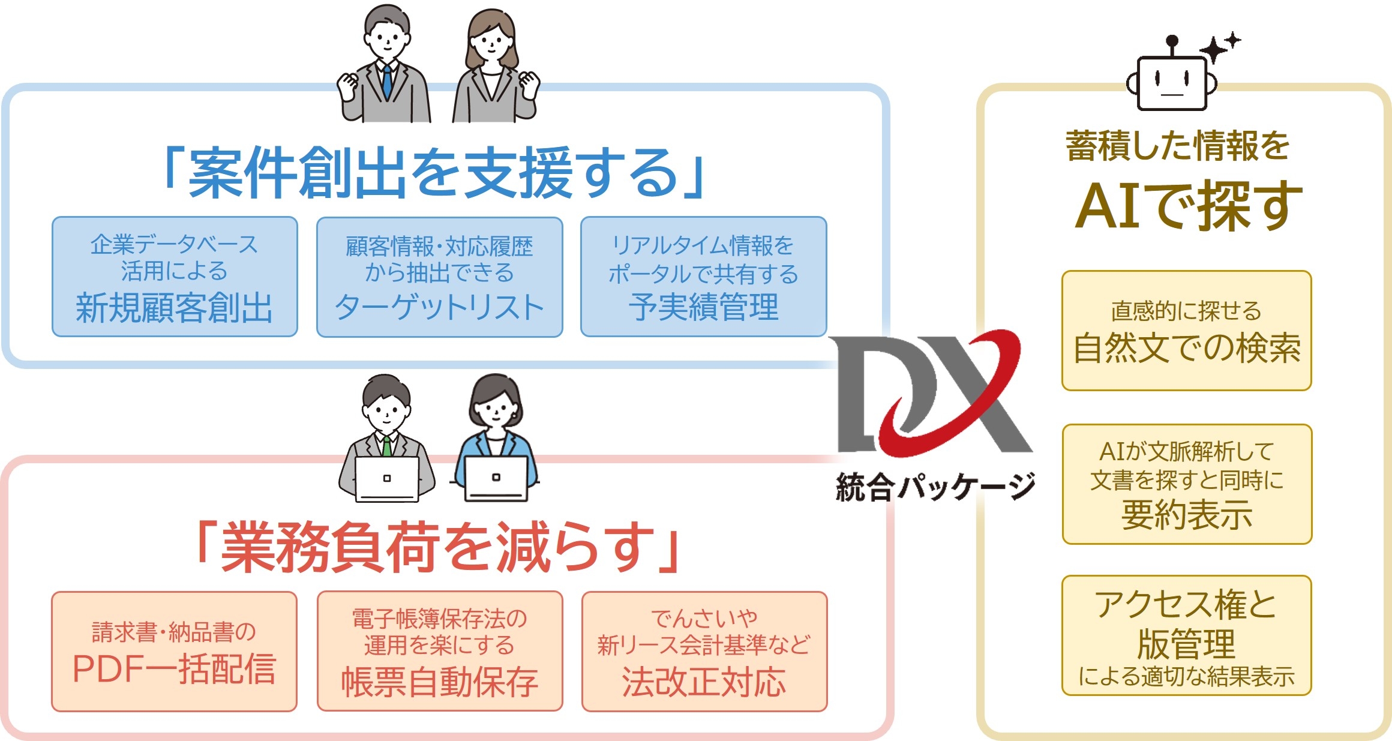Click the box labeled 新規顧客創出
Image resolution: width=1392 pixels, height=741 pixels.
(x=175, y=277)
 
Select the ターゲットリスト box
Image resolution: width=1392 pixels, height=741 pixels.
(x=439, y=277)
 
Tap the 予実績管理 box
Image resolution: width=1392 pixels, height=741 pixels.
(x=703, y=277)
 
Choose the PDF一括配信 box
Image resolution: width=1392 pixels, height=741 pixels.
(x=174, y=651)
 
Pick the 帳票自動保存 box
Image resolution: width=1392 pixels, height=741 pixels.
(x=439, y=651)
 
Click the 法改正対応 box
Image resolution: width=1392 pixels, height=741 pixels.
(x=704, y=651)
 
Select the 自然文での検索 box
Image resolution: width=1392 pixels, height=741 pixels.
(x=1186, y=331)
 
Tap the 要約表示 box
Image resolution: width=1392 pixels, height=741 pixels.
(x=1186, y=484)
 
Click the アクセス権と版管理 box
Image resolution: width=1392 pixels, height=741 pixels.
(x=1186, y=635)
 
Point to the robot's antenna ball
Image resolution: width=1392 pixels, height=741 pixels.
(x=1171, y=41)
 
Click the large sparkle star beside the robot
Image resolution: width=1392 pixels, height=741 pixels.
(x=1213, y=50)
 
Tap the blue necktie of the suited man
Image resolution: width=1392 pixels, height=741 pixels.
(x=387, y=81)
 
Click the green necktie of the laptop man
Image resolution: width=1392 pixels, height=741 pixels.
(x=387, y=446)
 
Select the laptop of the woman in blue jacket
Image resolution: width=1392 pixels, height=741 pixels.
(x=496, y=479)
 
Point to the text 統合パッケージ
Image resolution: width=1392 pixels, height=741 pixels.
(x=935, y=486)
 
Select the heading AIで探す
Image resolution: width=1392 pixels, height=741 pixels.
(x=1188, y=206)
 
